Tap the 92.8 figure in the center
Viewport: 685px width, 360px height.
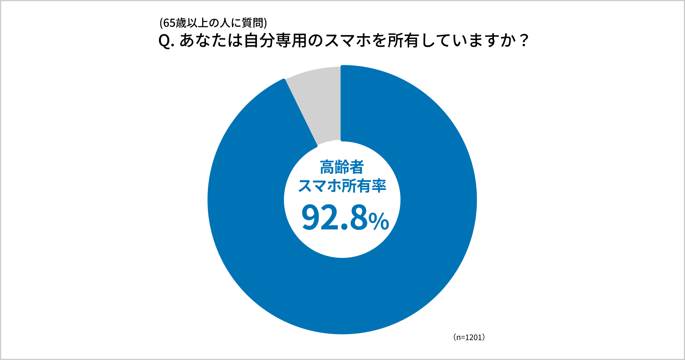click(334, 218)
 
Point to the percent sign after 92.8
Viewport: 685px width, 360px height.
click(379, 221)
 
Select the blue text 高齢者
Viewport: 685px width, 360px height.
click(342, 167)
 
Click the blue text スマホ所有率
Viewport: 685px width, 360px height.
click(342, 186)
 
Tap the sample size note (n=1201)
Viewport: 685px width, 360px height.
click(469, 337)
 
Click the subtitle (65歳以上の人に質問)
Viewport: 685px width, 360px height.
click(213, 23)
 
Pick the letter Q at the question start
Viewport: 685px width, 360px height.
click(164, 41)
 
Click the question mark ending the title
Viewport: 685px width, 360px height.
click(524, 41)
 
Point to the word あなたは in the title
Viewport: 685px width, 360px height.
click(211, 41)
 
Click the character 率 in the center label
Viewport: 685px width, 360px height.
click(378, 186)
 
